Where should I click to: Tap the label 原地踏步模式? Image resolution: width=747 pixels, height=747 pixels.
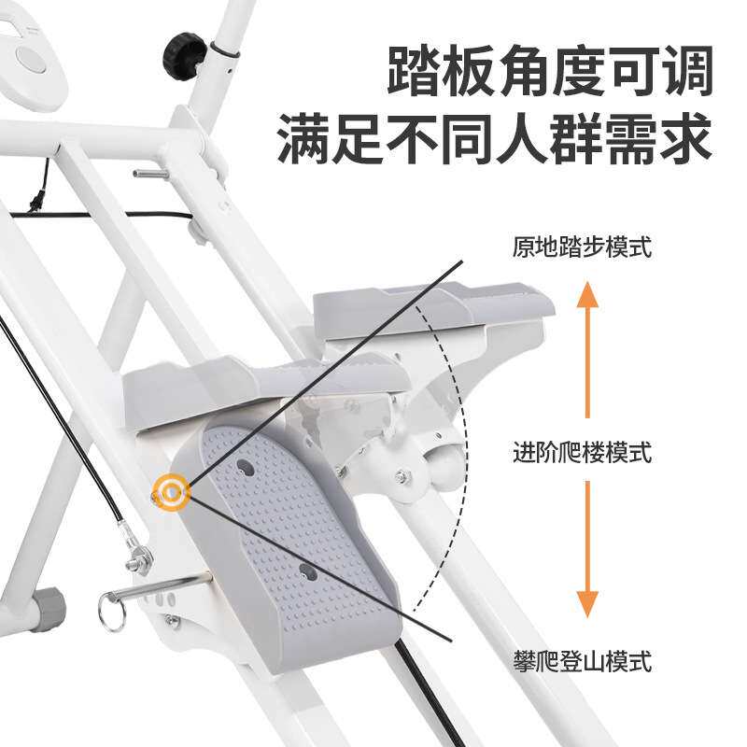pos(581,247)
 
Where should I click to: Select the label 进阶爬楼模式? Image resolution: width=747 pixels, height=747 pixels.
pos(581,454)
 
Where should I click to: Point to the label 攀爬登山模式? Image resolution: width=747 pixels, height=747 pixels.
pos(581,663)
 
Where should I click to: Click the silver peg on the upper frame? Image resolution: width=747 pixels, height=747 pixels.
pos(149,173)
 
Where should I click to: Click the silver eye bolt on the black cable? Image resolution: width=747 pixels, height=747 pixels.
pos(141,557)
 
